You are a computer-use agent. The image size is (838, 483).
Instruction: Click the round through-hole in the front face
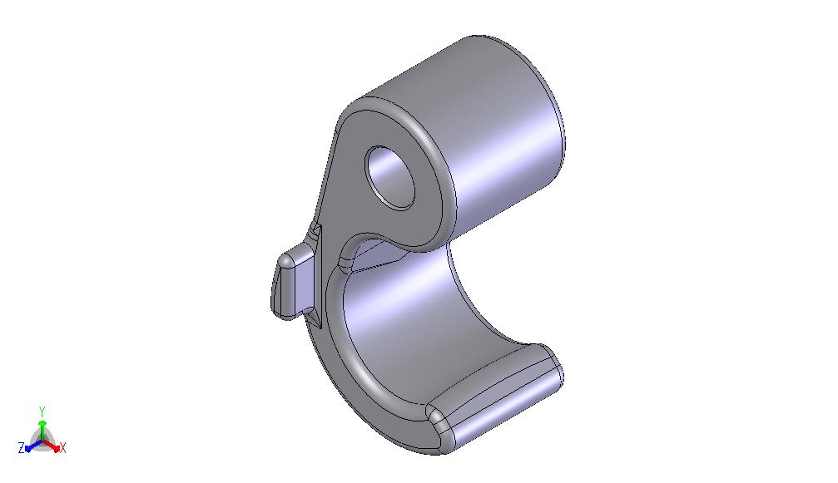(389, 177)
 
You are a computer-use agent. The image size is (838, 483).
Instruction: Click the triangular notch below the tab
(315, 318)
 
